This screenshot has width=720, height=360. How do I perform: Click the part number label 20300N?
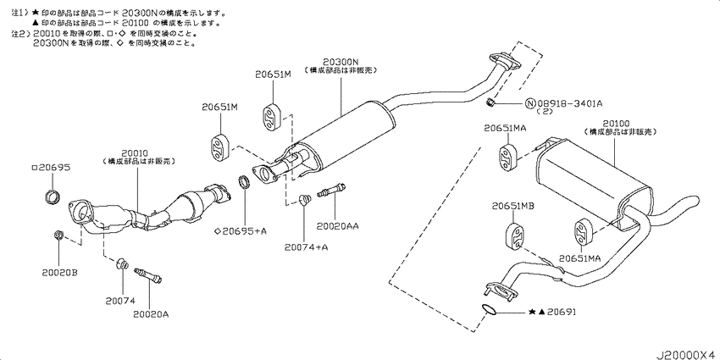pos(341,63)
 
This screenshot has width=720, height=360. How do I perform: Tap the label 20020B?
pos(60,273)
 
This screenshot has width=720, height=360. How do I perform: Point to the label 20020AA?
pos(337,227)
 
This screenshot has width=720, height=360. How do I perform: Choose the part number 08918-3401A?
pos(569,104)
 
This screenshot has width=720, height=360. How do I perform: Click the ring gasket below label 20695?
pos(53,199)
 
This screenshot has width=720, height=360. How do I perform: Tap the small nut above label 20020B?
pos(58,235)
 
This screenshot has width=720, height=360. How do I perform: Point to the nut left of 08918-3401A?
pos(490,104)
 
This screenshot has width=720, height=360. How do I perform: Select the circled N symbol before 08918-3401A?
pos(530,105)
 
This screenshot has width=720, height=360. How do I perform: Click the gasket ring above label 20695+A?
pos(244,182)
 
